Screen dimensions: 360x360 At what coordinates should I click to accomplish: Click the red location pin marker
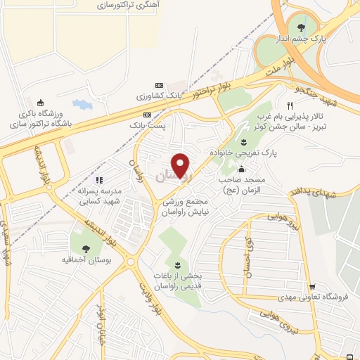182,166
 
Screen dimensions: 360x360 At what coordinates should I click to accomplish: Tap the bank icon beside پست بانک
147,115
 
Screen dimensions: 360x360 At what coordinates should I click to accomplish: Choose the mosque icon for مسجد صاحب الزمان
242,169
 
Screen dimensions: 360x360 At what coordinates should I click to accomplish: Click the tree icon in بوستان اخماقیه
86,247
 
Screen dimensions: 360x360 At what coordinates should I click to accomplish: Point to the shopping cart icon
311,286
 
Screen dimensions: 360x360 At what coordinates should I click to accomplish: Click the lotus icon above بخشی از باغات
177,266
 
